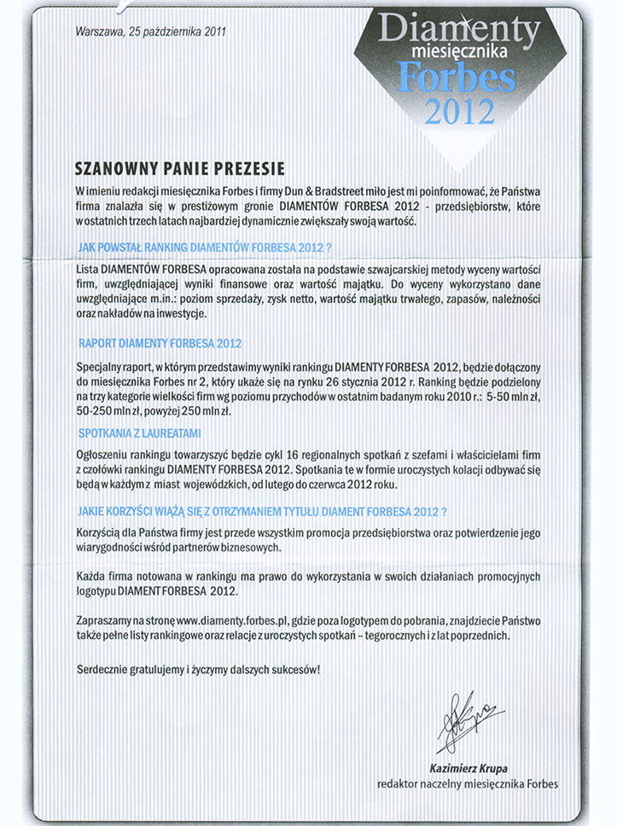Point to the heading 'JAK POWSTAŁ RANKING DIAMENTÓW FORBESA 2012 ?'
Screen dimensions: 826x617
tap(204, 247)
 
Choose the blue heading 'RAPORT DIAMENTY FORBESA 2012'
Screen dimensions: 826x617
tap(160, 343)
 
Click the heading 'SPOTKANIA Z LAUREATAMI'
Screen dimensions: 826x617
tap(139, 433)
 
